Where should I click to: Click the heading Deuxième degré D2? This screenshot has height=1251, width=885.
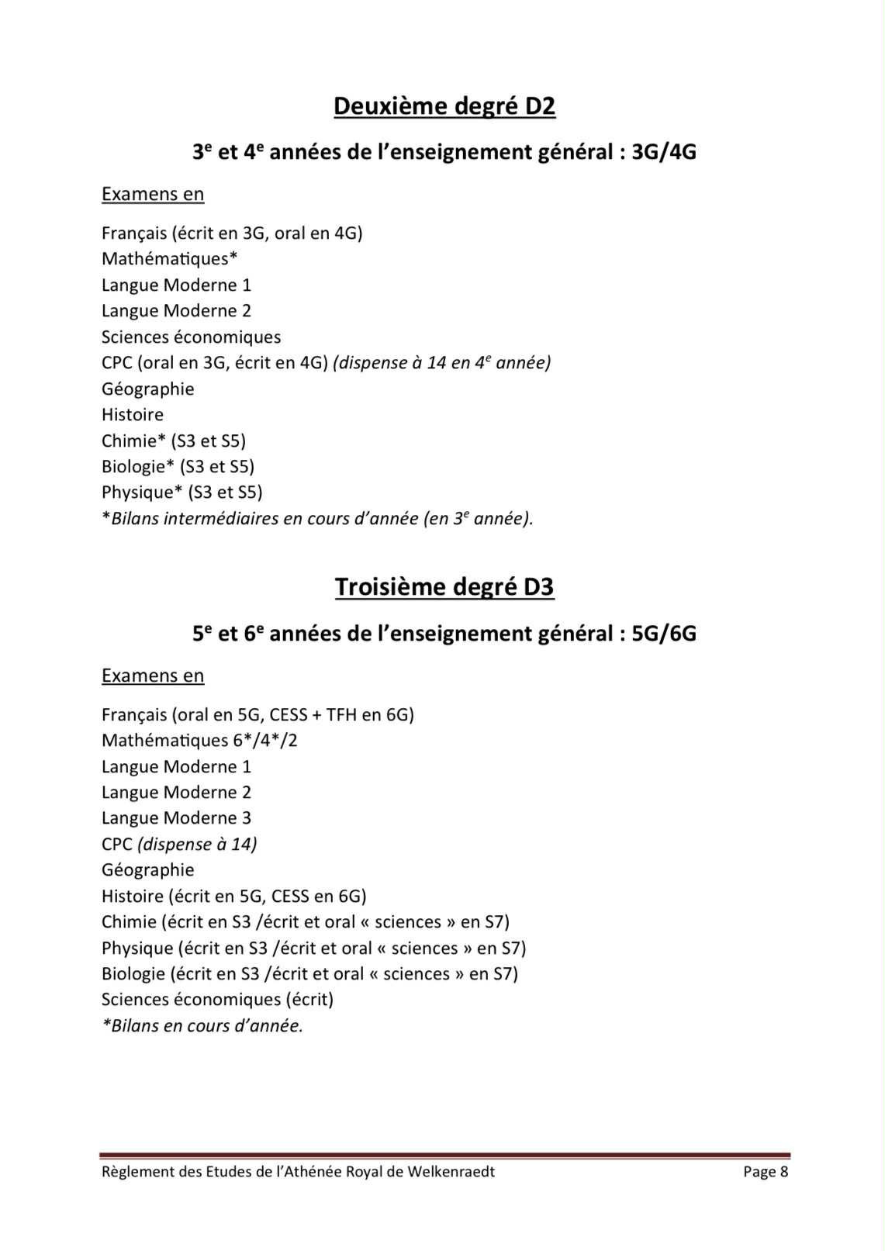(444, 105)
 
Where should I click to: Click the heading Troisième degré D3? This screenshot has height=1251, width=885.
(444, 587)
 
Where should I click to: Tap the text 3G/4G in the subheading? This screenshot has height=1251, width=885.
(664, 152)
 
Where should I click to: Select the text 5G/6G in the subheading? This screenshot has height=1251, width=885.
(664, 634)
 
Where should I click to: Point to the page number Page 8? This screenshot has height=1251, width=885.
(765, 1171)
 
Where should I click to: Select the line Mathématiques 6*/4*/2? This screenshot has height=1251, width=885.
(199, 740)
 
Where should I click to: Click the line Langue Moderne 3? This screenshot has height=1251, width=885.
(176, 817)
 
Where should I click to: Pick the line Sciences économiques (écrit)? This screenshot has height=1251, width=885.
(217, 999)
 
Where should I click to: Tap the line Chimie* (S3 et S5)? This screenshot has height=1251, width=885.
(174, 441)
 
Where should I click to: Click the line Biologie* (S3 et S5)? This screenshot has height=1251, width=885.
(178, 466)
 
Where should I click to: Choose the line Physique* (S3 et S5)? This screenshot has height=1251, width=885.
(181, 492)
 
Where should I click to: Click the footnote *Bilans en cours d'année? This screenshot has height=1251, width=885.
(202, 1025)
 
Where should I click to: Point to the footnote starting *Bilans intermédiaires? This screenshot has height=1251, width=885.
(317, 518)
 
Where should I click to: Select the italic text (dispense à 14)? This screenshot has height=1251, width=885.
(197, 844)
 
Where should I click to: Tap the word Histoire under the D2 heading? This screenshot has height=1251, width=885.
(133, 414)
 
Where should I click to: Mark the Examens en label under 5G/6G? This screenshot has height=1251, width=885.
(153, 676)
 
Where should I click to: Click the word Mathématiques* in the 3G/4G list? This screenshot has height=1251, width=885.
(169, 258)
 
